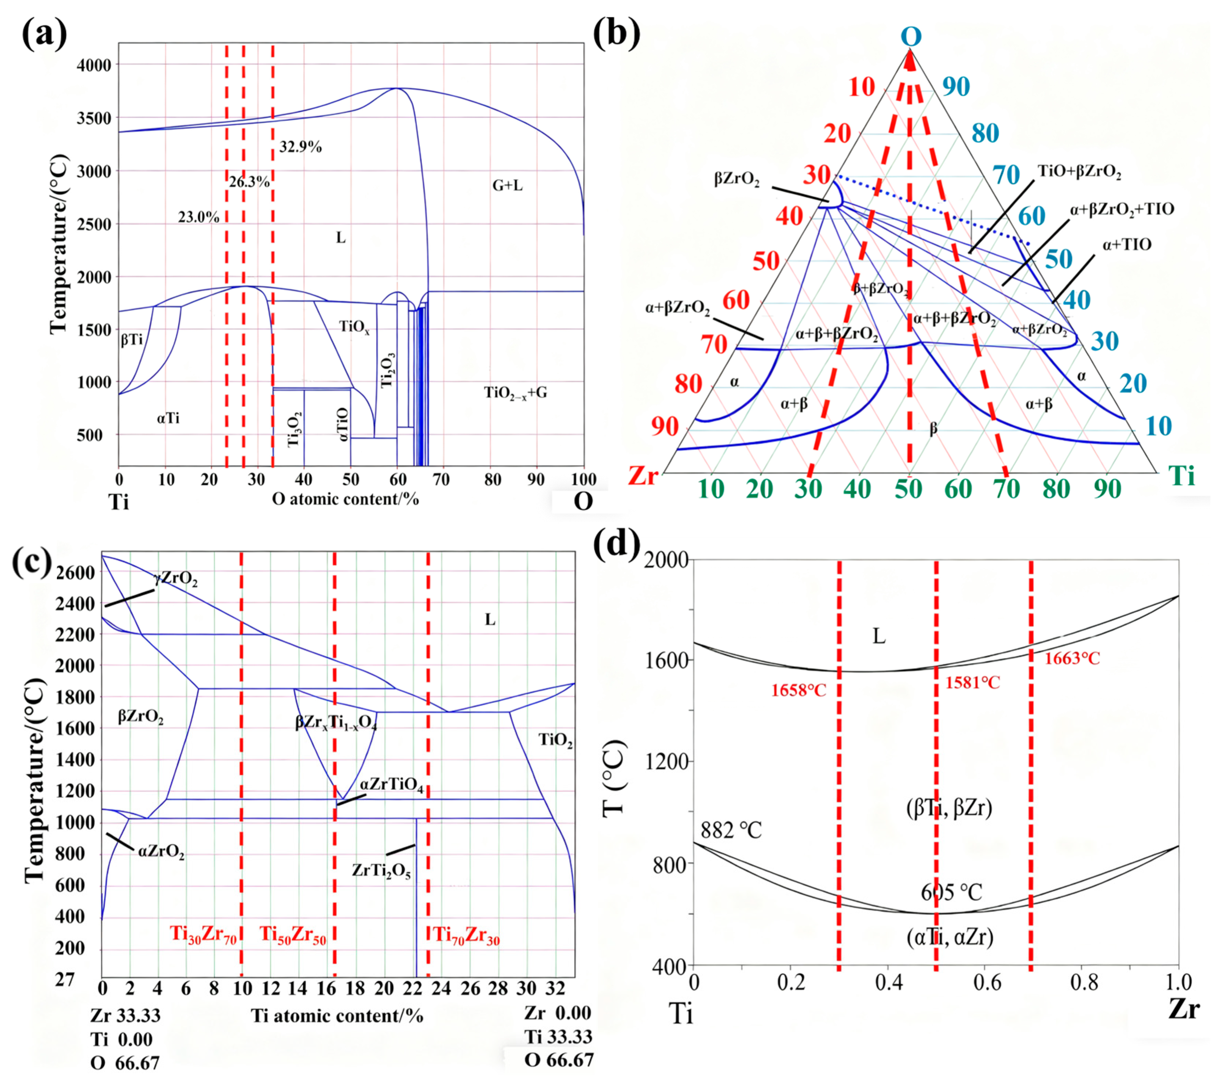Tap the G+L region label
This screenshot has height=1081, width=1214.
point(507,185)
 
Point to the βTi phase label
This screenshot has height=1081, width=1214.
point(132,340)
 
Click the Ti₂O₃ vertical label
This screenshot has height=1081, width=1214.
point(387,370)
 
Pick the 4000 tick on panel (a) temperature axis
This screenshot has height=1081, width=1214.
point(94,65)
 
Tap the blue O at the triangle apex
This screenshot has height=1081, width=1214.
point(910,37)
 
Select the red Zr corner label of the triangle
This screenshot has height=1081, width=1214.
point(644,476)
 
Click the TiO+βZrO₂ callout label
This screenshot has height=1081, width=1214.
point(1079,172)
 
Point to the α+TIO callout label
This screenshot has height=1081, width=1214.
point(1127,245)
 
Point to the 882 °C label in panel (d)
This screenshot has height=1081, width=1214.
point(731,830)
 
